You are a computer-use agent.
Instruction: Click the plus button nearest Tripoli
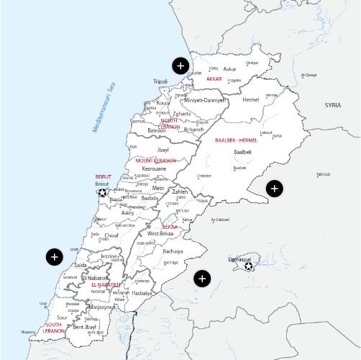tap(180, 66)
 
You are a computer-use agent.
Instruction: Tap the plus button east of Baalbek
tap(274, 189)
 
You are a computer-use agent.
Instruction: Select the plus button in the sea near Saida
tap(54, 256)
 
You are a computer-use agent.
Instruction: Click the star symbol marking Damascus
tap(249, 266)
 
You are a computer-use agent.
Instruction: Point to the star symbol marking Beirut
tap(102, 192)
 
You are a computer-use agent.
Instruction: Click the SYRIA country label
tap(332, 105)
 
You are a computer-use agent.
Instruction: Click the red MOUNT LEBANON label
tap(156, 161)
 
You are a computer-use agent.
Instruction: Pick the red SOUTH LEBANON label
tap(54, 328)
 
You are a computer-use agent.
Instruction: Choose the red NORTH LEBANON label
tap(170, 124)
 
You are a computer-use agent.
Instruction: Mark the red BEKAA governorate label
tap(170, 227)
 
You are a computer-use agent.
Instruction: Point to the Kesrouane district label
tap(154, 168)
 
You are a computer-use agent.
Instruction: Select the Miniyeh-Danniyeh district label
tap(204, 100)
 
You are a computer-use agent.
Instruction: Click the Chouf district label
tap(111, 235)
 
